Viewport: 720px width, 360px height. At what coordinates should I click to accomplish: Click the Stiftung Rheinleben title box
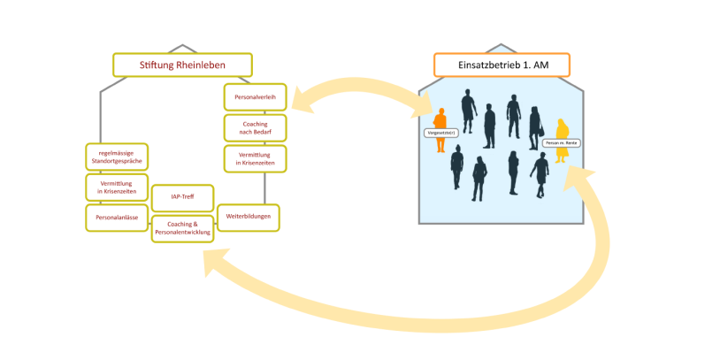pyautogui.click(x=182, y=65)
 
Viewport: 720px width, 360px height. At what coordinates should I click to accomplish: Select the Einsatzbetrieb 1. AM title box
pyautogui.click(x=502, y=65)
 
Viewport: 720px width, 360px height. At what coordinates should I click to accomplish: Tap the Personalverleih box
pyautogui.click(x=255, y=96)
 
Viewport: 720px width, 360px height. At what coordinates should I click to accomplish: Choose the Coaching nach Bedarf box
pyautogui.click(x=255, y=127)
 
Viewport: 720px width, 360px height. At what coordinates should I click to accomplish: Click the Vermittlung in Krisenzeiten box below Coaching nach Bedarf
pyautogui.click(x=255, y=159)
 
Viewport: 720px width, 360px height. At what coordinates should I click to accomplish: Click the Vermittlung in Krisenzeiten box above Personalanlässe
pyautogui.click(x=117, y=188)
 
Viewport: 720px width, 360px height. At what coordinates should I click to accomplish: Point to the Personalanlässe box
pyautogui.click(x=117, y=217)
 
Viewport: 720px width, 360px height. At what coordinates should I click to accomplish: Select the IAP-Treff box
pyautogui.click(x=181, y=197)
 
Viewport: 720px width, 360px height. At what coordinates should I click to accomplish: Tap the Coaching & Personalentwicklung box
pyautogui.click(x=182, y=227)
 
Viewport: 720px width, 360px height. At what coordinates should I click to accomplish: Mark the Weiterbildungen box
pyautogui.click(x=249, y=217)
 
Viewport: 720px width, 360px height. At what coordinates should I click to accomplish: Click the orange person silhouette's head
pyautogui.click(x=440, y=111)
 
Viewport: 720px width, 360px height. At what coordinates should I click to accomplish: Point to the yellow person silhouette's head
pyautogui.click(x=560, y=123)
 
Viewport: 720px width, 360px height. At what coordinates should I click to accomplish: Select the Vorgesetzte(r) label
pyautogui.click(x=439, y=132)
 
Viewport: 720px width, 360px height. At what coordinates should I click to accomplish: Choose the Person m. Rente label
pyautogui.click(x=561, y=142)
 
